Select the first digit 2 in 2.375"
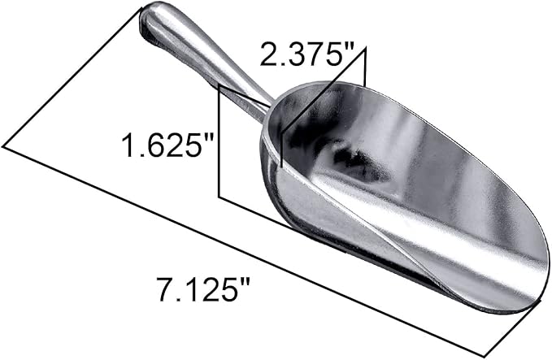click(268, 55)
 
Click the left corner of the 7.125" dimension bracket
click(4, 146)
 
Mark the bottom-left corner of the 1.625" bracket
click(219, 195)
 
